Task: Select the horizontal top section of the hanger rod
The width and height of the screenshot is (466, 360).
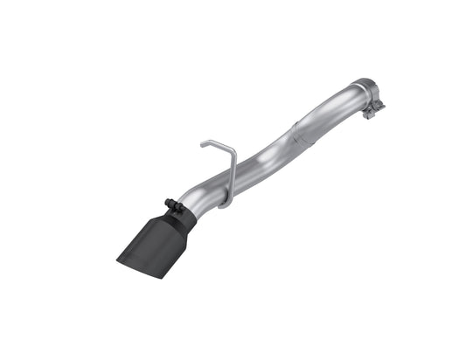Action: [x=215, y=142]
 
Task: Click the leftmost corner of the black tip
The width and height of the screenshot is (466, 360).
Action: [x=116, y=254]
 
